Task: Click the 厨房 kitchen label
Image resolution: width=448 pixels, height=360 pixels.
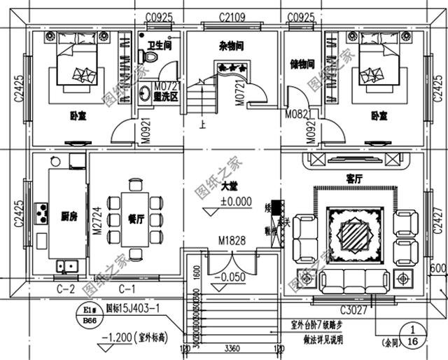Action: click(69, 216)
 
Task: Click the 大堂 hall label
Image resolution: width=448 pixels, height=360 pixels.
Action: click(229, 187)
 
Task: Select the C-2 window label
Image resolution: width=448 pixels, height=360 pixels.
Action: click(65, 288)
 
